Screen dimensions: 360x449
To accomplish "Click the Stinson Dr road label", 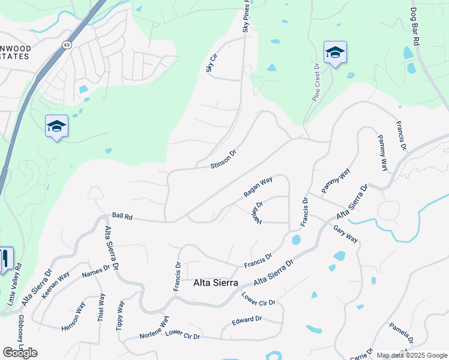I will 224,158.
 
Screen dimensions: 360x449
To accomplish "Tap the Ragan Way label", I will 258,187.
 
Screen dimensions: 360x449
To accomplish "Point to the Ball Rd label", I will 121,215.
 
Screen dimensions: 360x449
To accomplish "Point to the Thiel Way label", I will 101,306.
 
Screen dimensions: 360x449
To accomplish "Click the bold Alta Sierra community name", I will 215,283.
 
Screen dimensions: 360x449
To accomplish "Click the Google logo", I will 20,353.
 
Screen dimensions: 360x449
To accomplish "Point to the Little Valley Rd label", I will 14,285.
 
